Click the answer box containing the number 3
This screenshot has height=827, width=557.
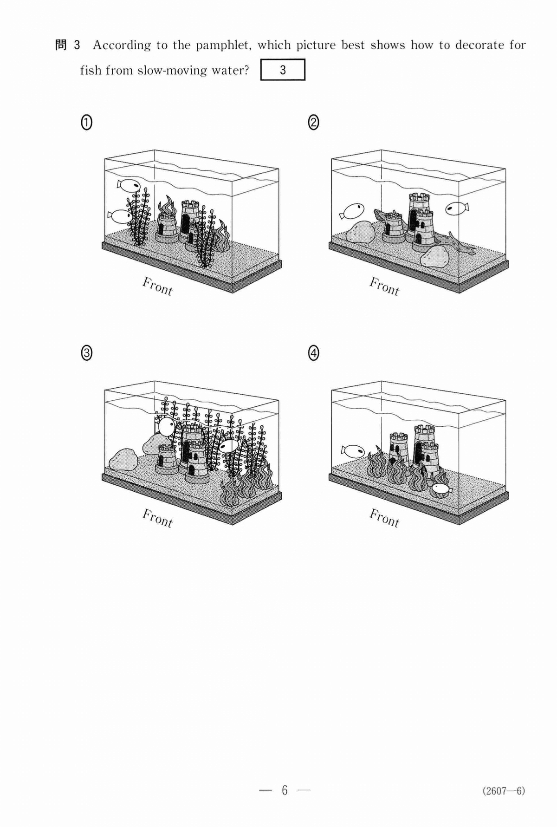pos(283,70)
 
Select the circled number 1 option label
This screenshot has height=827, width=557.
pos(86,123)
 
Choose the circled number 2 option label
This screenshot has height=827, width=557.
pos(314,123)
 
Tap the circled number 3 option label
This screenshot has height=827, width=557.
pos(86,353)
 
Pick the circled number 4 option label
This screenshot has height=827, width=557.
pos(314,353)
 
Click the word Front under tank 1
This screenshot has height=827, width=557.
pos(157,286)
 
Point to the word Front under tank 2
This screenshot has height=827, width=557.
pos(384,286)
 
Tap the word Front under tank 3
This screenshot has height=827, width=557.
pos(157,518)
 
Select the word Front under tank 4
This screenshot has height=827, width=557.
pos(384,518)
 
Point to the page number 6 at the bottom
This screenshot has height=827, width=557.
pos(285,790)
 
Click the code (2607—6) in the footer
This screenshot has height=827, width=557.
pos(504,791)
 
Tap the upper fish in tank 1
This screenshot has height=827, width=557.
pos(129,185)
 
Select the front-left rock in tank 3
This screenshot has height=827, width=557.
pos(123,459)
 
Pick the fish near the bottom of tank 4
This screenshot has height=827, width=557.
pos(441,489)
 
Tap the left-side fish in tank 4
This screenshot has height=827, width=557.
pos(353,450)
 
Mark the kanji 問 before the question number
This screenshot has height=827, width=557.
pos(61,45)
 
